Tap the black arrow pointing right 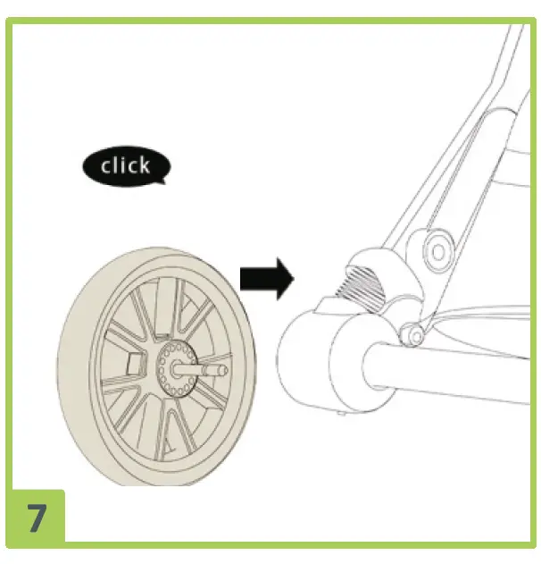pyautogui.click(x=266, y=279)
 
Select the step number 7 pyautogui.click(x=37, y=519)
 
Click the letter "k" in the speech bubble pyautogui.click(x=142, y=165)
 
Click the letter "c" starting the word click pyautogui.click(x=105, y=167)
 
